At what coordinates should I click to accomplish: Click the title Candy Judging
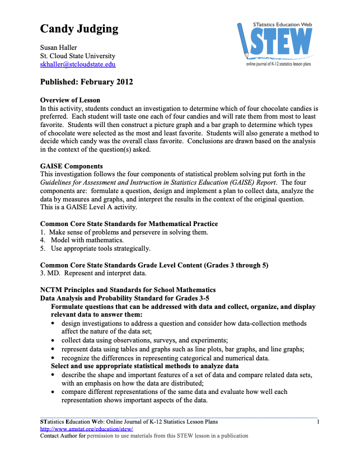[x=79, y=29]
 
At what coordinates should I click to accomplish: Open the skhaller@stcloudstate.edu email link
[x=78, y=64]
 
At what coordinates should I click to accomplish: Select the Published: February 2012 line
[x=86, y=82]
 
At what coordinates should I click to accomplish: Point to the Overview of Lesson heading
[x=70, y=100]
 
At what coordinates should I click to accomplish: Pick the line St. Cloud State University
[x=78, y=56]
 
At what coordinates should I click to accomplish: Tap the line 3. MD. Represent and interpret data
[x=93, y=274]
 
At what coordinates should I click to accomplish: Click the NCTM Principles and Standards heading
[x=128, y=290]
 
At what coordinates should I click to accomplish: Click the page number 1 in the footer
[x=317, y=421]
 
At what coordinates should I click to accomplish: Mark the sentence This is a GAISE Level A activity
[x=88, y=208]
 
